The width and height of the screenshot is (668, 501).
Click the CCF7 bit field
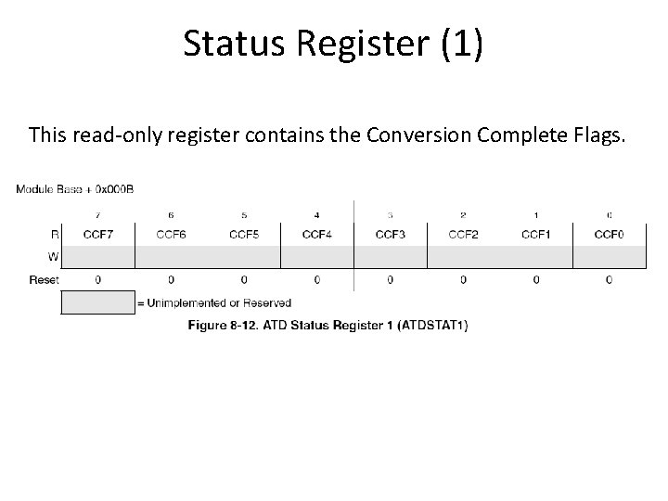pyautogui.click(x=98, y=235)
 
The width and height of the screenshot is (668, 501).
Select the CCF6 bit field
pyautogui.click(x=171, y=235)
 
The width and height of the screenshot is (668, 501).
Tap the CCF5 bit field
pyautogui.click(x=244, y=235)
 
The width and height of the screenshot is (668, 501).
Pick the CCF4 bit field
pyautogui.click(x=317, y=235)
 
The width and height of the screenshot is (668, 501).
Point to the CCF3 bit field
pyautogui.click(x=390, y=235)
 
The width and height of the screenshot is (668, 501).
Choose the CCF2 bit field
pyautogui.click(x=463, y=235)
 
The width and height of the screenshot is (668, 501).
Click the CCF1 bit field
pyautogui.click(x=535, y=235)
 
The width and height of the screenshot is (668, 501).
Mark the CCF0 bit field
pyautogui.click(x=609, y=235)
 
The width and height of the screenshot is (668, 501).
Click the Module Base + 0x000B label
pyautogui.click(x=74, y=190)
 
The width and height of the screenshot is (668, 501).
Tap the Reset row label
pyautogui.click(x=45, y=279)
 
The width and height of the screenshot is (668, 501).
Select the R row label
pyautogui.click(x=55, y=235)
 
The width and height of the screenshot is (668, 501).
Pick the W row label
pyautogui.click(x=54, y=256)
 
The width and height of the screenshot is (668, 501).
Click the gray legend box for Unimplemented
pyautogui.click(x=97, y=302)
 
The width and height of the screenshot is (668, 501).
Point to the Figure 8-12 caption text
pyautogui.click(x=328, y=326)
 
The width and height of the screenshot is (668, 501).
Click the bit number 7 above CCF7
pyautogui.click(x=98, y=215)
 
